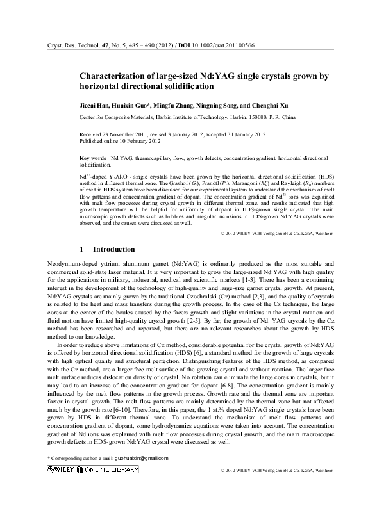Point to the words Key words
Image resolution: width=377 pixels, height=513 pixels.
click(92, 158)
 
